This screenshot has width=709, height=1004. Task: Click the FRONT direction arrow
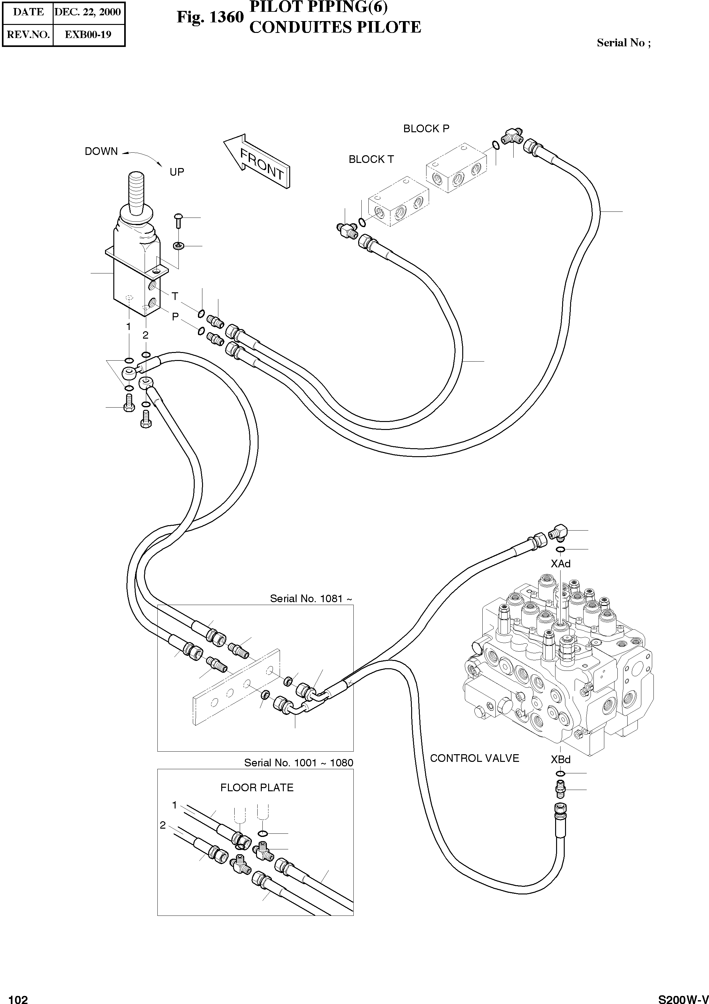coord(258,161)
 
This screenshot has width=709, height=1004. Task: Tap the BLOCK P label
coord(426,128)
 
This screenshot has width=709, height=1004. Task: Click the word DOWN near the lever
coord(101,151)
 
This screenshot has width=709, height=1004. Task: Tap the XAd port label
coord(560,564)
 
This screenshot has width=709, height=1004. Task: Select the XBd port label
coord(560,760)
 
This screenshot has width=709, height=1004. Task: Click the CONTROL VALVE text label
coord(474,758)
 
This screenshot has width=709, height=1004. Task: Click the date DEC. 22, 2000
coord(87,12)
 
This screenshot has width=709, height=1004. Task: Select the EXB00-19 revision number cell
coord(88,34)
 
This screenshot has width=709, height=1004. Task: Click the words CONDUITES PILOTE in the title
coord(335,27)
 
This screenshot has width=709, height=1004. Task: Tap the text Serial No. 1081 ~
coord(311,599)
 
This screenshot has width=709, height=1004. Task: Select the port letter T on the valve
coord(175,296)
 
